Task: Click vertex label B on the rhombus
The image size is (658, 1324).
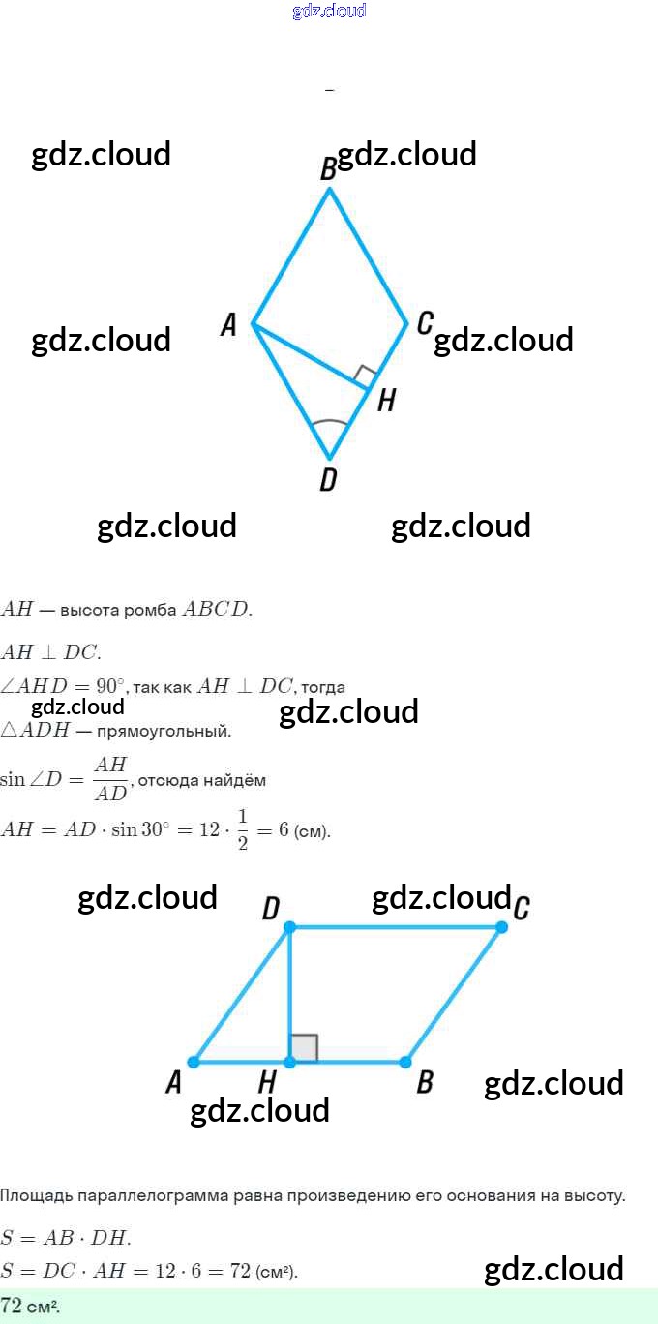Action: click(x=328, y=170)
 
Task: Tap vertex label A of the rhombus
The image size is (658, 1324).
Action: click(x=228, y=325)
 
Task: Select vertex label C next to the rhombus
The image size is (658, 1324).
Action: click(x=424, y=323)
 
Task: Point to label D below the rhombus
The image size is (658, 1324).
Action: click(x=328, y=480)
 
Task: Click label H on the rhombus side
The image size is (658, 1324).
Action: click(x=386, y=401)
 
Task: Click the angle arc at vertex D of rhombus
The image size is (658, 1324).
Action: click(x=329, y=424)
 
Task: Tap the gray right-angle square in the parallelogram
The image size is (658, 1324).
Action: click(x=304, y=1048)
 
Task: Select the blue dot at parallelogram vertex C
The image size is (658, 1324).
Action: click(x=501, y=927)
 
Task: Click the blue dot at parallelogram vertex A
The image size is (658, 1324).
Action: click(x=194, y=1062)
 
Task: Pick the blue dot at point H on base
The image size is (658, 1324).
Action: click(x=289, y=1062)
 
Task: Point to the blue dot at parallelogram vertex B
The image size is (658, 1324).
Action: click(x=406, y=1062)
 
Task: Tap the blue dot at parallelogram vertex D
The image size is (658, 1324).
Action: click(x=289, y=927)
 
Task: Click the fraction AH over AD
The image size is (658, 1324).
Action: click(x=111, y=779)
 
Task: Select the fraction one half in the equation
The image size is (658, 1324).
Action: click(x=242, y=830)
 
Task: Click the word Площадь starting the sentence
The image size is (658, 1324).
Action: click(x=34, y=1196)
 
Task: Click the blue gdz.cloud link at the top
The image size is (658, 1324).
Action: click(x=329, y=12)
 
